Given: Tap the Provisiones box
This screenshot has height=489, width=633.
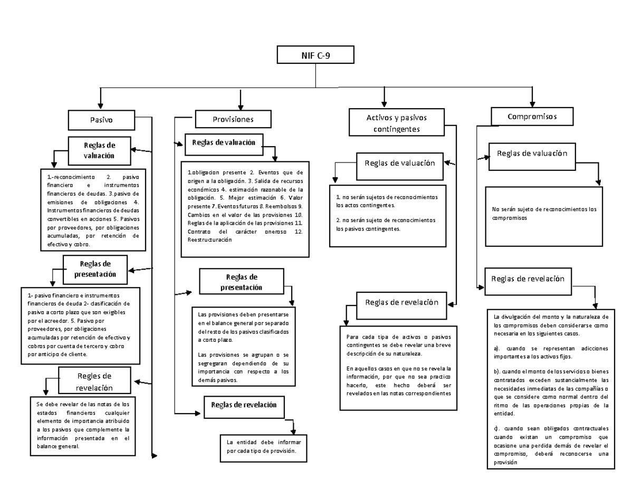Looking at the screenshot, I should coord(233,119).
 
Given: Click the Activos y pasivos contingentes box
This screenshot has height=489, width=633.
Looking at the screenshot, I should coord(396,122).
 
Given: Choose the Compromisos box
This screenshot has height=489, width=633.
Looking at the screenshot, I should coord(532,116).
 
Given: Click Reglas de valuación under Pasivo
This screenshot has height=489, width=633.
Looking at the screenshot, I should coord(99,150).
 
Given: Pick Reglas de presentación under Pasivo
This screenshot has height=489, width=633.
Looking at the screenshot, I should coord(95,269).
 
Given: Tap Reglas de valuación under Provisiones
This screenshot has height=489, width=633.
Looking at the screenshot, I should coord(224,143).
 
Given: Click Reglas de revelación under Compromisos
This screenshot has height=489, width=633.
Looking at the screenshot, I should coord(527,279).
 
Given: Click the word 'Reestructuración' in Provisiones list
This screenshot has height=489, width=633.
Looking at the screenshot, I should coord(209,240).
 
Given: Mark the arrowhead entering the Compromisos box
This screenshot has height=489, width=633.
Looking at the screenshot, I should coord(533,103).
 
